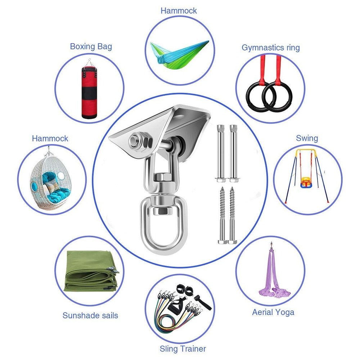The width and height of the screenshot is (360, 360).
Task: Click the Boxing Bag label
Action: pos(91,46)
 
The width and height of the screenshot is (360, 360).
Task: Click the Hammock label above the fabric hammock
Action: pos(179,10)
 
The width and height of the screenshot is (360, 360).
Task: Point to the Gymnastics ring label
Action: pos(271,48)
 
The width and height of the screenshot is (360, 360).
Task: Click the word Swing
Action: pos(307,138)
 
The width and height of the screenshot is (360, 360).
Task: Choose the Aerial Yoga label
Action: pos(273,312)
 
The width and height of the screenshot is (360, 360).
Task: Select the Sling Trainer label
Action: pos(183,349)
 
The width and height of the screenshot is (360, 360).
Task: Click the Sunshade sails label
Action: pos(90,315)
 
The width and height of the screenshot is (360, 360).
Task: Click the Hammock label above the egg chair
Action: pos(50,139)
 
